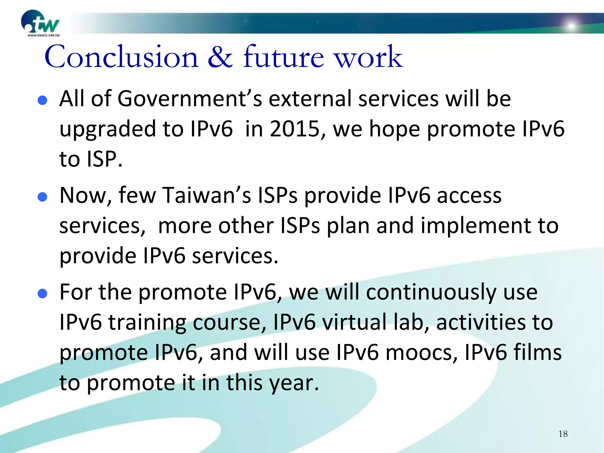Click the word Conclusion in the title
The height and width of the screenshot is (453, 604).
tap(121, 57)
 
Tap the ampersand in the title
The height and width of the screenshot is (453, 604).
tap(220, 57)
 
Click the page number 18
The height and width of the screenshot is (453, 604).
tap(563, 434)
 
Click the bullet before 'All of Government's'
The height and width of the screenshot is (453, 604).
tap(43, 101)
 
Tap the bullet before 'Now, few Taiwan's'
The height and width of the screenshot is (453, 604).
tap(43, 197)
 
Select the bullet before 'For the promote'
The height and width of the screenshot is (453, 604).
tap(43, 294)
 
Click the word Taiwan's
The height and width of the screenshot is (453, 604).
tap(206, 196)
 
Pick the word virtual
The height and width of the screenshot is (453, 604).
tap(354, 322)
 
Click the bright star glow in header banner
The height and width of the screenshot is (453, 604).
tap(572, 26)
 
